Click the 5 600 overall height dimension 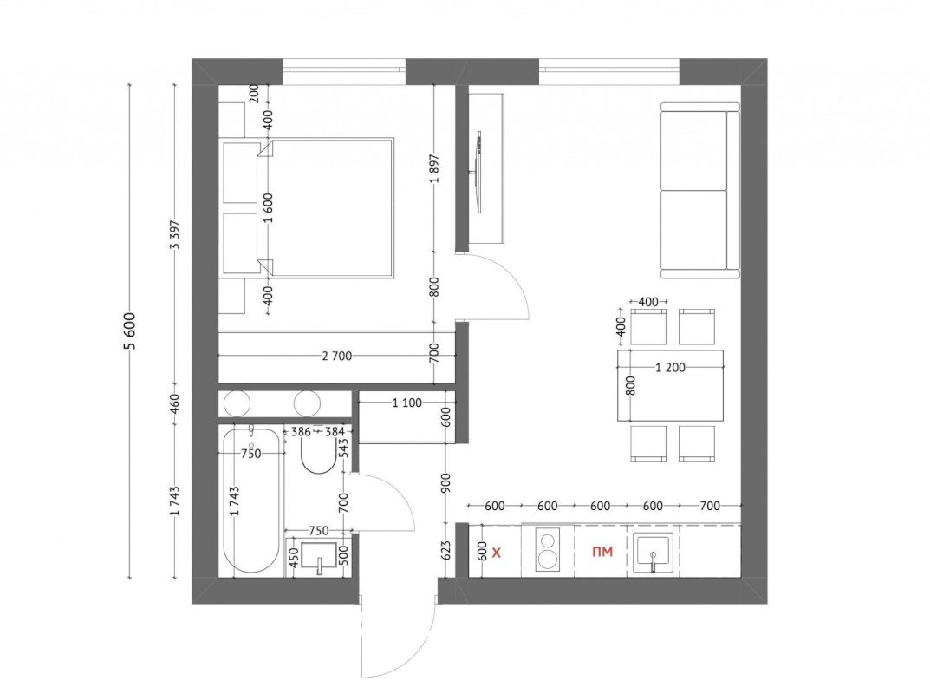[x=131, y=331]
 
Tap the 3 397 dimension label [x=174, y=235]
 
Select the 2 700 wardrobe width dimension [x=337, y=357]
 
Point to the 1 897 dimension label [x=435, y=168]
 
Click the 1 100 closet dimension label [x=406, y=403]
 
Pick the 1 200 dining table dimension [x=670, y=368]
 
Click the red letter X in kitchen [x=497, y=553]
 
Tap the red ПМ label [x=602, y=552]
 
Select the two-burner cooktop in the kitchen [x=548, y=550]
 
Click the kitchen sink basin [x=653, y=553]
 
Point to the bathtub [x=250, y=501]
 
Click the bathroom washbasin [x=319, y=557]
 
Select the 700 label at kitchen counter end [x=710, y=506]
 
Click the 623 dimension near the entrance [x=446, y=550]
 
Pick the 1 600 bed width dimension [x=268, y=208]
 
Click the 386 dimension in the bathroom [x=302, y=432]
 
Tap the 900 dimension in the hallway [x=446, y=482]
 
